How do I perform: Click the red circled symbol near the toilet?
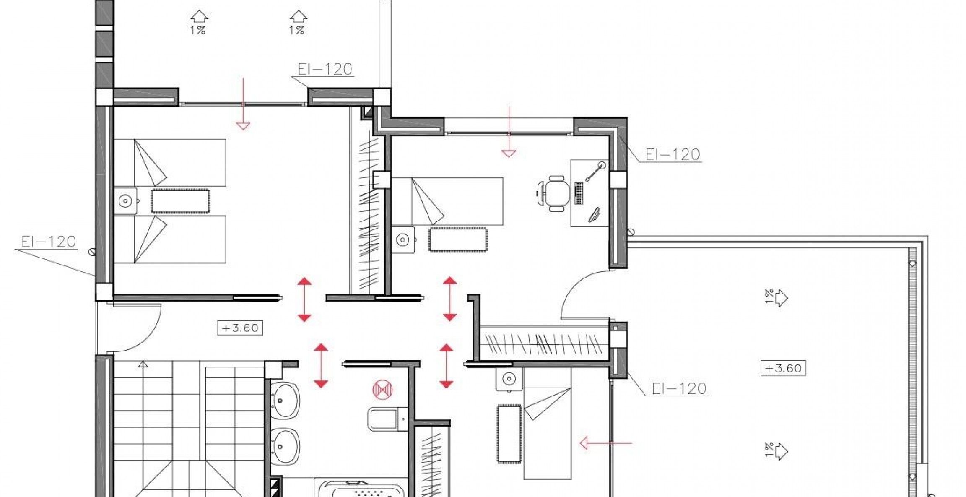[x=383, y=390]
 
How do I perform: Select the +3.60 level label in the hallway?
[x=240, y=328]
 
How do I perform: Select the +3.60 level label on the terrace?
[x=783, y=368]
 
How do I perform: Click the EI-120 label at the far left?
[x=49, y=242]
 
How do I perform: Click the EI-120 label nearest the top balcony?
[x=325, y=69]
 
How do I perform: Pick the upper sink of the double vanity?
[x=286, y=400]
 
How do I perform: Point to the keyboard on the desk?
[x=579, y=193]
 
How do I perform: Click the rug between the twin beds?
[x=180, y=201]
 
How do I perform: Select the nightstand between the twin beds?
[x=125, y=201]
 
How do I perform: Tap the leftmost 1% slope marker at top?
[x=199, y=23]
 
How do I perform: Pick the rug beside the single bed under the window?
[x=457, y=239]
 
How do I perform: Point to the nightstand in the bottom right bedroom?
[x=509, y=379]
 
